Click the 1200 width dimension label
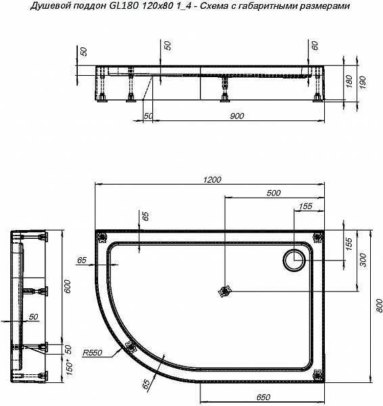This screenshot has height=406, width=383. click(x=212, y=179)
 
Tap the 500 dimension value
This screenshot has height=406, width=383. click(x=273, y=193)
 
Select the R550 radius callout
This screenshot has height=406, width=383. click(x=93, y=353)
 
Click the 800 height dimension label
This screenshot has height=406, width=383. click(x=379, y=306)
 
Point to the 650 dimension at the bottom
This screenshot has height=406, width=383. click(x=263, y=397)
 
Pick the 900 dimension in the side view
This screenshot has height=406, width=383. click(x=237, y=116)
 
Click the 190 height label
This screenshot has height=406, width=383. click(x=363, y=83)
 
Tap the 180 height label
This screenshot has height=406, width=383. click(x=349, y=81)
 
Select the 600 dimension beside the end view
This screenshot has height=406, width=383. click(x=67, y=286)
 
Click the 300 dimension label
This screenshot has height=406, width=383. click(x=363, y=261)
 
